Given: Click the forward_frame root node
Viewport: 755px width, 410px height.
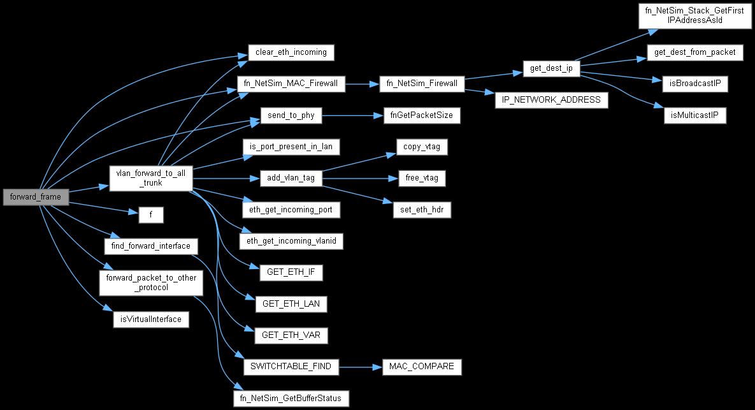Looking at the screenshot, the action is click(x=36, y=197).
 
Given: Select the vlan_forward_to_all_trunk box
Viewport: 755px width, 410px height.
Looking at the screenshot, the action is click(x=151, y=179).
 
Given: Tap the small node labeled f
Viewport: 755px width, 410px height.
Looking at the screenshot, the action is click(x=151, y=215).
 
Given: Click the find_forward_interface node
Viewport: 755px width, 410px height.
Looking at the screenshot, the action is click(x=151, y=246).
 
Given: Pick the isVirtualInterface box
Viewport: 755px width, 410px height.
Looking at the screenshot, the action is click(x=151, y=319).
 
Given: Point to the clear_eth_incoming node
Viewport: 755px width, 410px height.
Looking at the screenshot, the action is click(x=291, y=52).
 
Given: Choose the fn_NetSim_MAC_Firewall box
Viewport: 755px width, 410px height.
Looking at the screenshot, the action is click(x=291, y=84).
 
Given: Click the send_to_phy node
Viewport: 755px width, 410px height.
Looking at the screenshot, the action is click(x=291, y=115).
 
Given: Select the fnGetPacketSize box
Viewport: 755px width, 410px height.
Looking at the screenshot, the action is click(x=422, y=115).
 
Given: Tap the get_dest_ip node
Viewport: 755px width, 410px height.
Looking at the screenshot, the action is click(x=551, y=68).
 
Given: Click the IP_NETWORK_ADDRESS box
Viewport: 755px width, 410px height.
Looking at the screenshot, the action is click(x=551, y=100).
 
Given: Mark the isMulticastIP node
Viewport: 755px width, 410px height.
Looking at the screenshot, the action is click(x=695, y=115).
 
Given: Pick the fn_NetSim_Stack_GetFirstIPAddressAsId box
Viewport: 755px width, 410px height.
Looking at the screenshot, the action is click(x=695, y=15).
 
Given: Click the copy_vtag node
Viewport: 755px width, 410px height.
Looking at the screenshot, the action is click(x=422, y=147).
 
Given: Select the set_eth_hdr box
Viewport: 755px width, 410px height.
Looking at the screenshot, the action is click(x=422, y=210).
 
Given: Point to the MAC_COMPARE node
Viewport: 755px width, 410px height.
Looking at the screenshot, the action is click(x=422, y=367).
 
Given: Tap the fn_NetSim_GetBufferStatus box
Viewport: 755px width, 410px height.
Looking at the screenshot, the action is click(x=291, y=399).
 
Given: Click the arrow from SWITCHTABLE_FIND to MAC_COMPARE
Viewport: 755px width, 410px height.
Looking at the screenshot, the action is click(x=360, y=367).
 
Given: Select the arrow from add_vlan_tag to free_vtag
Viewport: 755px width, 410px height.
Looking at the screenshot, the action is click(x=360, y=179).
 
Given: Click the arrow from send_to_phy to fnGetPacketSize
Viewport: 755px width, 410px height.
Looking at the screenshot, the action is click(x=352, y=115).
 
